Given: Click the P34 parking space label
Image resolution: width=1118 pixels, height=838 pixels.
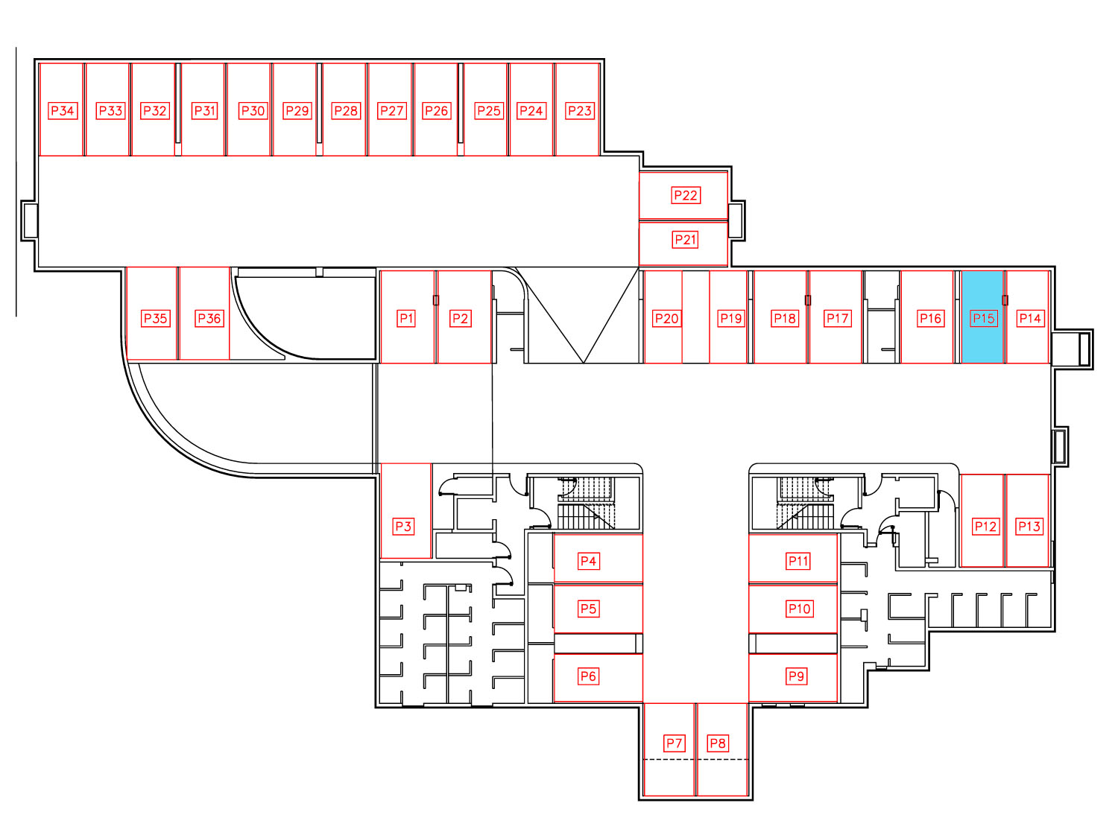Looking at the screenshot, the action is coord(63,110).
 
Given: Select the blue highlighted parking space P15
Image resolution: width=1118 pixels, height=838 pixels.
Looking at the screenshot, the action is coord(982,317).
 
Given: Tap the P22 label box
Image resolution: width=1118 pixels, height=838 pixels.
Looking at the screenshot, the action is coord(686,195).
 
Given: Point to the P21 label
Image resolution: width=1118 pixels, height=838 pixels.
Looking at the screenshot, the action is coord(685,239).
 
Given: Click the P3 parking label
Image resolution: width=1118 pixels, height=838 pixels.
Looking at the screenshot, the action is coord(403,526).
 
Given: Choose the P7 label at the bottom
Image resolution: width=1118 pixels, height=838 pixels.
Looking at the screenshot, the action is coord(674,743).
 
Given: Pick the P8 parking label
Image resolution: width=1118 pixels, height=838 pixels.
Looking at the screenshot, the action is coord(718,743).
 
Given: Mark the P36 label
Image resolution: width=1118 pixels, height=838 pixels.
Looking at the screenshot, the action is coord(209,319).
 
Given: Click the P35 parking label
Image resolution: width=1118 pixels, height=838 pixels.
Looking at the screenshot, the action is coord(155,319).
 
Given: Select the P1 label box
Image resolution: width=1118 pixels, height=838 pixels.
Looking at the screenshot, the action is coord(406,319).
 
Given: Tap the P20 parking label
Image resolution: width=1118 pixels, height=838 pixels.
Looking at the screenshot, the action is coord(667,319).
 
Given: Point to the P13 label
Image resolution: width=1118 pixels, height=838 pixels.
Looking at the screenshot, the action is coord(1029,526).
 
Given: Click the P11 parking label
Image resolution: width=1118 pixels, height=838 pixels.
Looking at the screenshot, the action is coord(798,561).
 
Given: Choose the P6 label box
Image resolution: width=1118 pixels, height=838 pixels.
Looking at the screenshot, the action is coord(588,676).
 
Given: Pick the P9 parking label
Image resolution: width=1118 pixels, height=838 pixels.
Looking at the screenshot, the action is coord(796,676).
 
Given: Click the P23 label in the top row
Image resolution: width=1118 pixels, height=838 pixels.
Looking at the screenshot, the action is coord(580,110).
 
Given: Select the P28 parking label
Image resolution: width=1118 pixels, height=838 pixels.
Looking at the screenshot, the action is coord(346,110).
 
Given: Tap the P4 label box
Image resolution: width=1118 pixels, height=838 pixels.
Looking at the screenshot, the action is coord(588,561).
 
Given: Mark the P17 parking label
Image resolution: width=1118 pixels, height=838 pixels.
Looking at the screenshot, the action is coord(837,319).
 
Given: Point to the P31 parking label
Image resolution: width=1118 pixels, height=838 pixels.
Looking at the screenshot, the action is coord(205,110).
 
